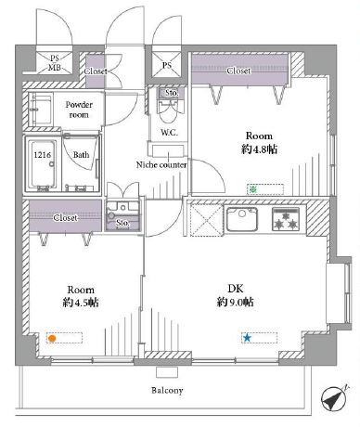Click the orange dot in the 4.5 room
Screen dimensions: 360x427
[x=52, y=339]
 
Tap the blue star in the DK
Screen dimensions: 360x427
[x=247, y=338]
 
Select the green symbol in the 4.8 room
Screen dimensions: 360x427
[x=253, y=189]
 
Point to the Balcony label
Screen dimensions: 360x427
[x=167, y=390]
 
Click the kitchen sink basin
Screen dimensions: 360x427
[x=242, y=219]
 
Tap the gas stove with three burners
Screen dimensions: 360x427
[x=286, y=219]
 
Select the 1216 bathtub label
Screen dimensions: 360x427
[x=43, y=154]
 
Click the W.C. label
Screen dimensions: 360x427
[x=169, y=133]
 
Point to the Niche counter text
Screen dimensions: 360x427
[x=161, y=164]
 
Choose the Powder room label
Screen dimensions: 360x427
[x=79, y=110]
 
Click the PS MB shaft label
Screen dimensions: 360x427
[x=55, y=62]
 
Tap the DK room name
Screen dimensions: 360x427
[x=236, y=289]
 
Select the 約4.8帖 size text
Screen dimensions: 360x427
[x=259, y=149]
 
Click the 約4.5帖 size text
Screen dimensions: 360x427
[x=81, y=303]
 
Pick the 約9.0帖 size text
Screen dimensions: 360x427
[x=236, y=302]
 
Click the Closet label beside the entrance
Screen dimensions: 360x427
[x=96, y=71]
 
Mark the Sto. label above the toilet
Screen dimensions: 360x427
[x=172, y=93]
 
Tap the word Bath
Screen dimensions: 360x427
[x=81, y=154]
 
